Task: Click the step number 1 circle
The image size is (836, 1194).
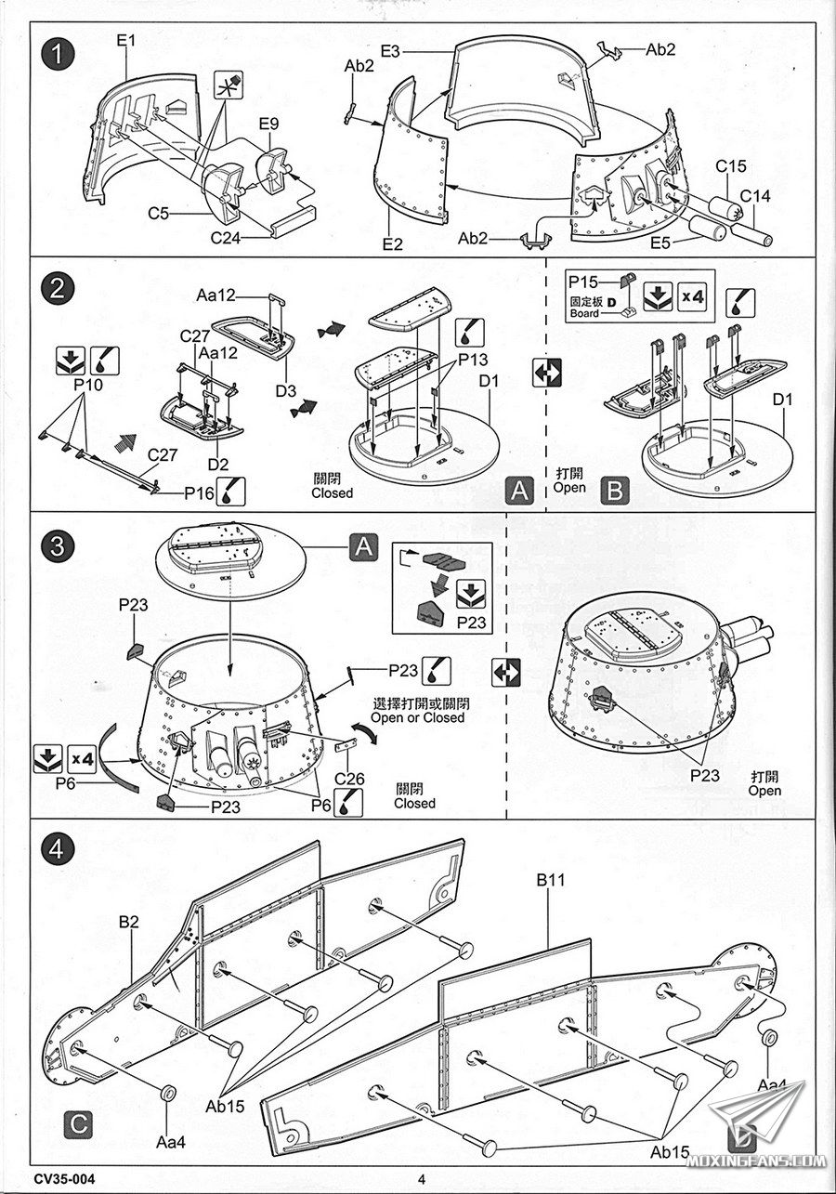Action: [x=57, y=55]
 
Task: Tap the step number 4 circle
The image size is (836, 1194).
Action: [x=57, y=849]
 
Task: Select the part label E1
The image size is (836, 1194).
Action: [x=127, y=41]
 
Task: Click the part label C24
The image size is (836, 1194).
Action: [x=226, y=237]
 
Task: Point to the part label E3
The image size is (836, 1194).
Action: [x=390, y=51]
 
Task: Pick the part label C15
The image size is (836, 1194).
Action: [x=730, y=166]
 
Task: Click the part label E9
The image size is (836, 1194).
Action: [x=269, y=124]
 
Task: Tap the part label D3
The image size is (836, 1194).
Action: [x=285, y=390]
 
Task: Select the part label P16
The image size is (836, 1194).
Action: [x=200, y=492]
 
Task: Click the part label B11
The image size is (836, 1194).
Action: [x=551, y=880]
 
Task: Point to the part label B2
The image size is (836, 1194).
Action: [x=129, y=922]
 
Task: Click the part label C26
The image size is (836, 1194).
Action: [x=349, y=779]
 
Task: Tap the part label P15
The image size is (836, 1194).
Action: [x=583, y=282]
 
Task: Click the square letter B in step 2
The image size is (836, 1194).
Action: [x=614, y=491]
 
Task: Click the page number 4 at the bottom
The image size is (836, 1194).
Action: [x=422, y=1178]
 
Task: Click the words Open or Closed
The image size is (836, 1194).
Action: [x=418, y=717]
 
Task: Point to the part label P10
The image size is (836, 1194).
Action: [x=88, y=385]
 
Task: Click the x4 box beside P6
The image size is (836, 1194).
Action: [x=82, y=758]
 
